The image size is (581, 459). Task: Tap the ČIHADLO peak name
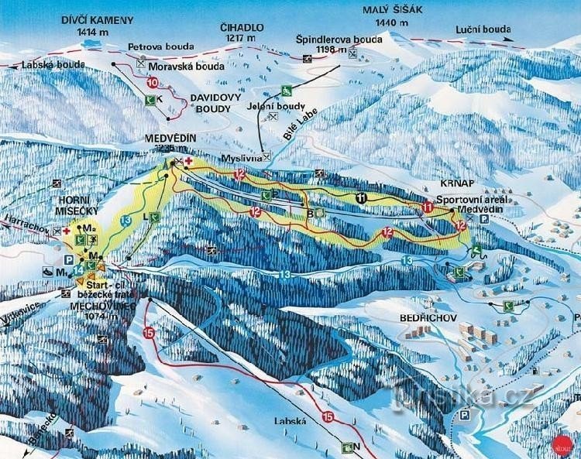pos(244,27)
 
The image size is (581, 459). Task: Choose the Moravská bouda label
pos(179,66)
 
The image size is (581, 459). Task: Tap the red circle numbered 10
pos(152,81)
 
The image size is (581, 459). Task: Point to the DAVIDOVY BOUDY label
pos(211,104)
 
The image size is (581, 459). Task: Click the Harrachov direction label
pos(24,230)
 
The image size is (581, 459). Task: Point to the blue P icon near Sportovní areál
pos(486,219)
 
